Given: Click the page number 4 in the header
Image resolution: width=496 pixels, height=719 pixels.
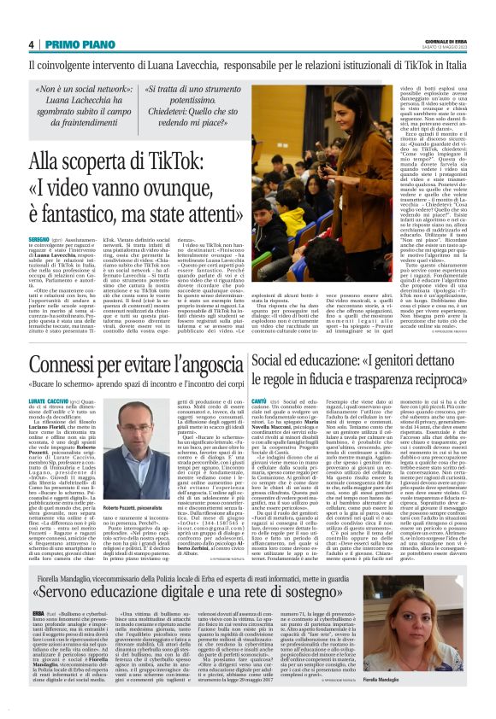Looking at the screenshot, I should pos(31,44).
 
